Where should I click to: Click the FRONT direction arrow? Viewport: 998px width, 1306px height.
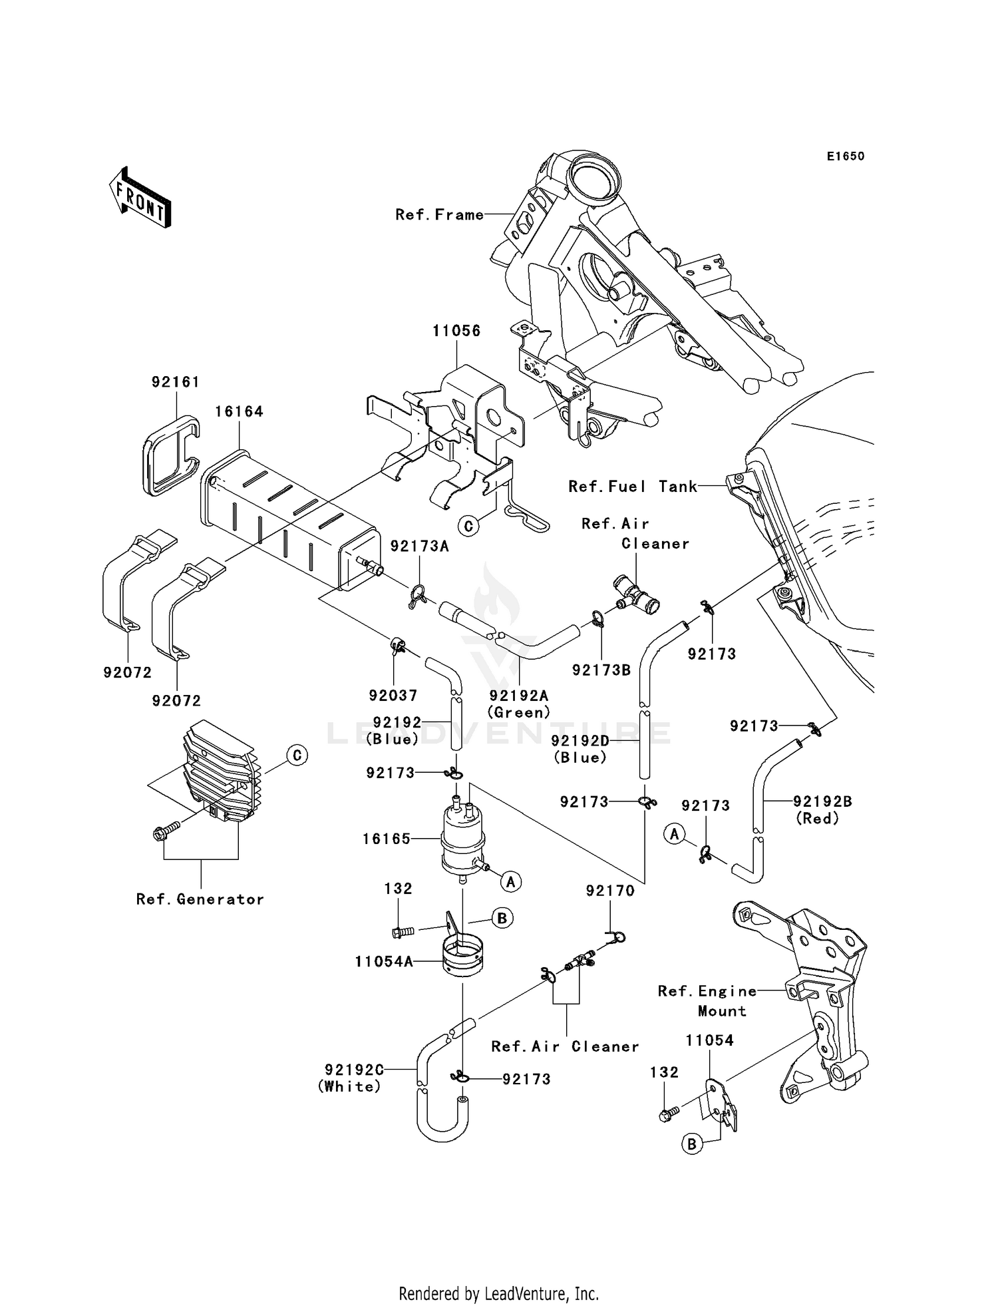pyautogui.click(x=140, y=198)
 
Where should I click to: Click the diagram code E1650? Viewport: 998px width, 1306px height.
pyautogui.click(x=846, y=156)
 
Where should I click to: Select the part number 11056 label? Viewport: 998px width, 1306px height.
pyautogui.click(x=456, y=331)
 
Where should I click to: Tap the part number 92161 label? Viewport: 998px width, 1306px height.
pyautogui.click(x=176, y=382)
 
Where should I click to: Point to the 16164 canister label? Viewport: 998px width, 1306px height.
pyautogui.click(x=239, y=411)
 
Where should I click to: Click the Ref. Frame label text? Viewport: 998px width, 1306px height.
pyautogui.click(x=439, y=214)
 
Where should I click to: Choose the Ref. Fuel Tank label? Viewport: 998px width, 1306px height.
pyautogui.click(x=632, y=487)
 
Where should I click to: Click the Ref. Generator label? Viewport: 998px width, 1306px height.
pyautogui.click(x=200, y=899)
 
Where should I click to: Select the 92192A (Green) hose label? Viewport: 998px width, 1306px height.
pyautogui.click(x=519, y=704)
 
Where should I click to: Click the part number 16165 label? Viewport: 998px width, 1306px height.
pyautogui.click(x=386, y=839)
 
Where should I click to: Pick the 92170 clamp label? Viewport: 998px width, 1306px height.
pyautogui.click(x=610, y=891)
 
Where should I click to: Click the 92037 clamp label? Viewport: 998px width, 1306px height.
pyautogui.click(x=393, y=695)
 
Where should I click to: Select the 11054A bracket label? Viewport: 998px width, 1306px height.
pyautogui.click(x=384, y=961)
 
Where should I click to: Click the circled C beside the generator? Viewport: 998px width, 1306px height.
pyautogui.click(x=297, y=756)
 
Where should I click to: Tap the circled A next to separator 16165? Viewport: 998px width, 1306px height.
pyautogui.click(x=511, y=882)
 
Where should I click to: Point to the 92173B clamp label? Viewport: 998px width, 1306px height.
pyautogui.click(x=601, y=670)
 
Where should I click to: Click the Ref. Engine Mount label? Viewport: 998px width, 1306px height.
pyautogui.click(x=708, y=1000)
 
